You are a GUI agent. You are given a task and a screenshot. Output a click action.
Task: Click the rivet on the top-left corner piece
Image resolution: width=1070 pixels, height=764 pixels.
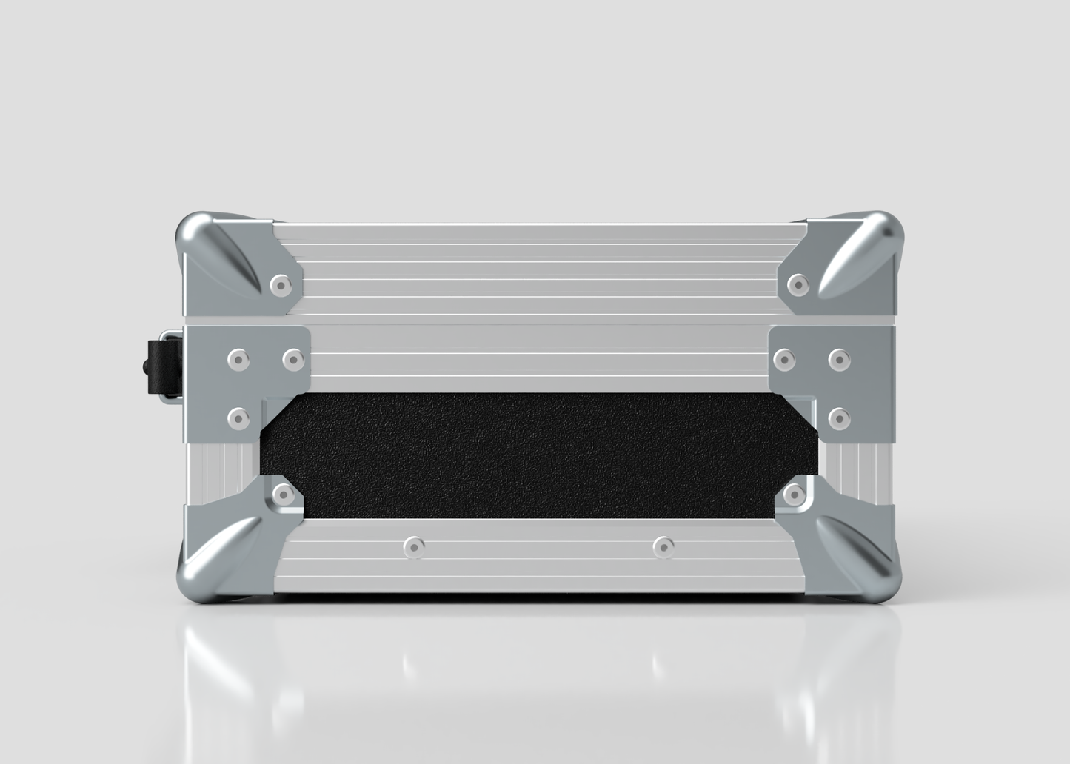[279, 284]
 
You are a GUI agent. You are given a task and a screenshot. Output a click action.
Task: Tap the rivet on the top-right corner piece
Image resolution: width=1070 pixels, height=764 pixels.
[797, 283]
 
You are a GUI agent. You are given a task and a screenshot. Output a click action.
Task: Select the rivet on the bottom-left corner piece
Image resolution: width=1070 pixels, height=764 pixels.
[281, 493]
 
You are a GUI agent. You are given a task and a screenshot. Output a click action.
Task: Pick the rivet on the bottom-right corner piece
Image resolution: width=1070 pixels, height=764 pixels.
[795, 493]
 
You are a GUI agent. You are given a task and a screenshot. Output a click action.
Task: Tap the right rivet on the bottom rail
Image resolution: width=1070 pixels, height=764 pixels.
[663, 547]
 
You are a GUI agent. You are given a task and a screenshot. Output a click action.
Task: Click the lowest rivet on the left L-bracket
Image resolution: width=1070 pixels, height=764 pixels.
[237, 419]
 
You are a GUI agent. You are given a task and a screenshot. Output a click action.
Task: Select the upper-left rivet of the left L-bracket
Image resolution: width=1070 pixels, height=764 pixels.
[237, 360]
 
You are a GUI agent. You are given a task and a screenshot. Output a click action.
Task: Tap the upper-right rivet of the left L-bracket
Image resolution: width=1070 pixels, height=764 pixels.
[293, 360]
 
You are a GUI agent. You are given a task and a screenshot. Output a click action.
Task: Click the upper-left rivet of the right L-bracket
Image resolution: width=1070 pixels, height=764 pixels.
[783, 360]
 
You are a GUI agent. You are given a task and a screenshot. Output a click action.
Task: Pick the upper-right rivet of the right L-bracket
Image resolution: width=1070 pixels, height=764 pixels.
[839, 360]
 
